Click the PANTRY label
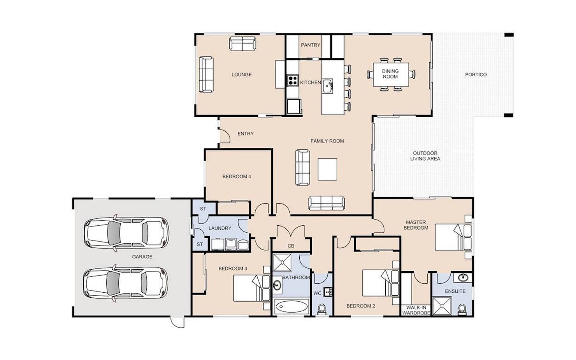(x=310, y=45)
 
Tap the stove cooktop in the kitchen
(x=293, y=80)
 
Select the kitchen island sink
(x=328, y=86)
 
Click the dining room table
(x=391, y=74)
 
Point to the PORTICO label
(x=476, y=75)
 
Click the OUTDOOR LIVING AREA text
(x=425, y=156)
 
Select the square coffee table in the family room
(x=327, y=169)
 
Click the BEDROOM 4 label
(x=237, y=177)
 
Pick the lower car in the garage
(x=126, y=283)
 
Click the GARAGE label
(x=142, y=256)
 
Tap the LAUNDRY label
(x=220, y=228)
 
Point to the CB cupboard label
(x=291, y=246)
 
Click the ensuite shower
(x=442, y=306)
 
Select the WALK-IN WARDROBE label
(x=416, y=310)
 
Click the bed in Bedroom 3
(x=252, y=288)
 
